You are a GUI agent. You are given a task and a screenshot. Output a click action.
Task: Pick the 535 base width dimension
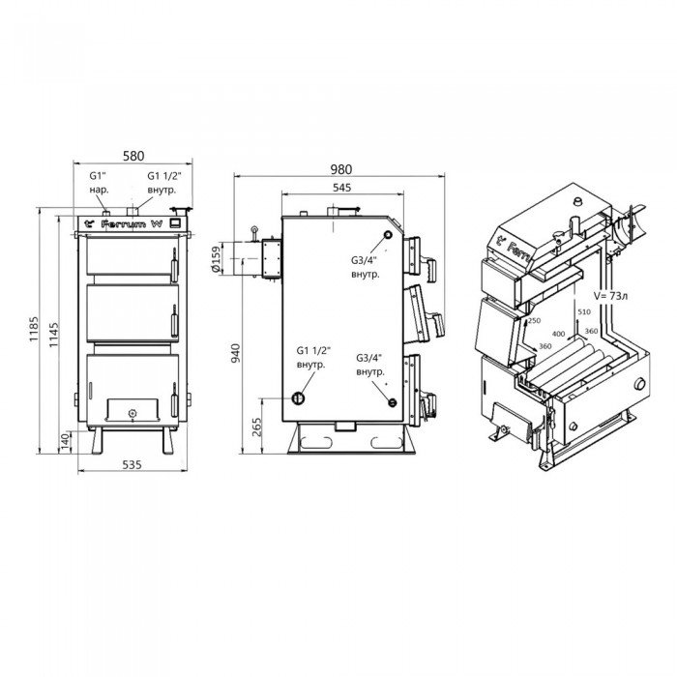tap(132, 465)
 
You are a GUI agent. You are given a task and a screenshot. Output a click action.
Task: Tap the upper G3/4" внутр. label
tap(366, 267)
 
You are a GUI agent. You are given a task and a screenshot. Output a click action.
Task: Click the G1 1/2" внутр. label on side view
tap(311, 358)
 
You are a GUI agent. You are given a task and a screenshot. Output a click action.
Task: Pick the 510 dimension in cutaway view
tap(582, 311)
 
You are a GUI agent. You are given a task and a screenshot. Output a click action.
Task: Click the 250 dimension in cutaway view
tap(534, 320)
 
